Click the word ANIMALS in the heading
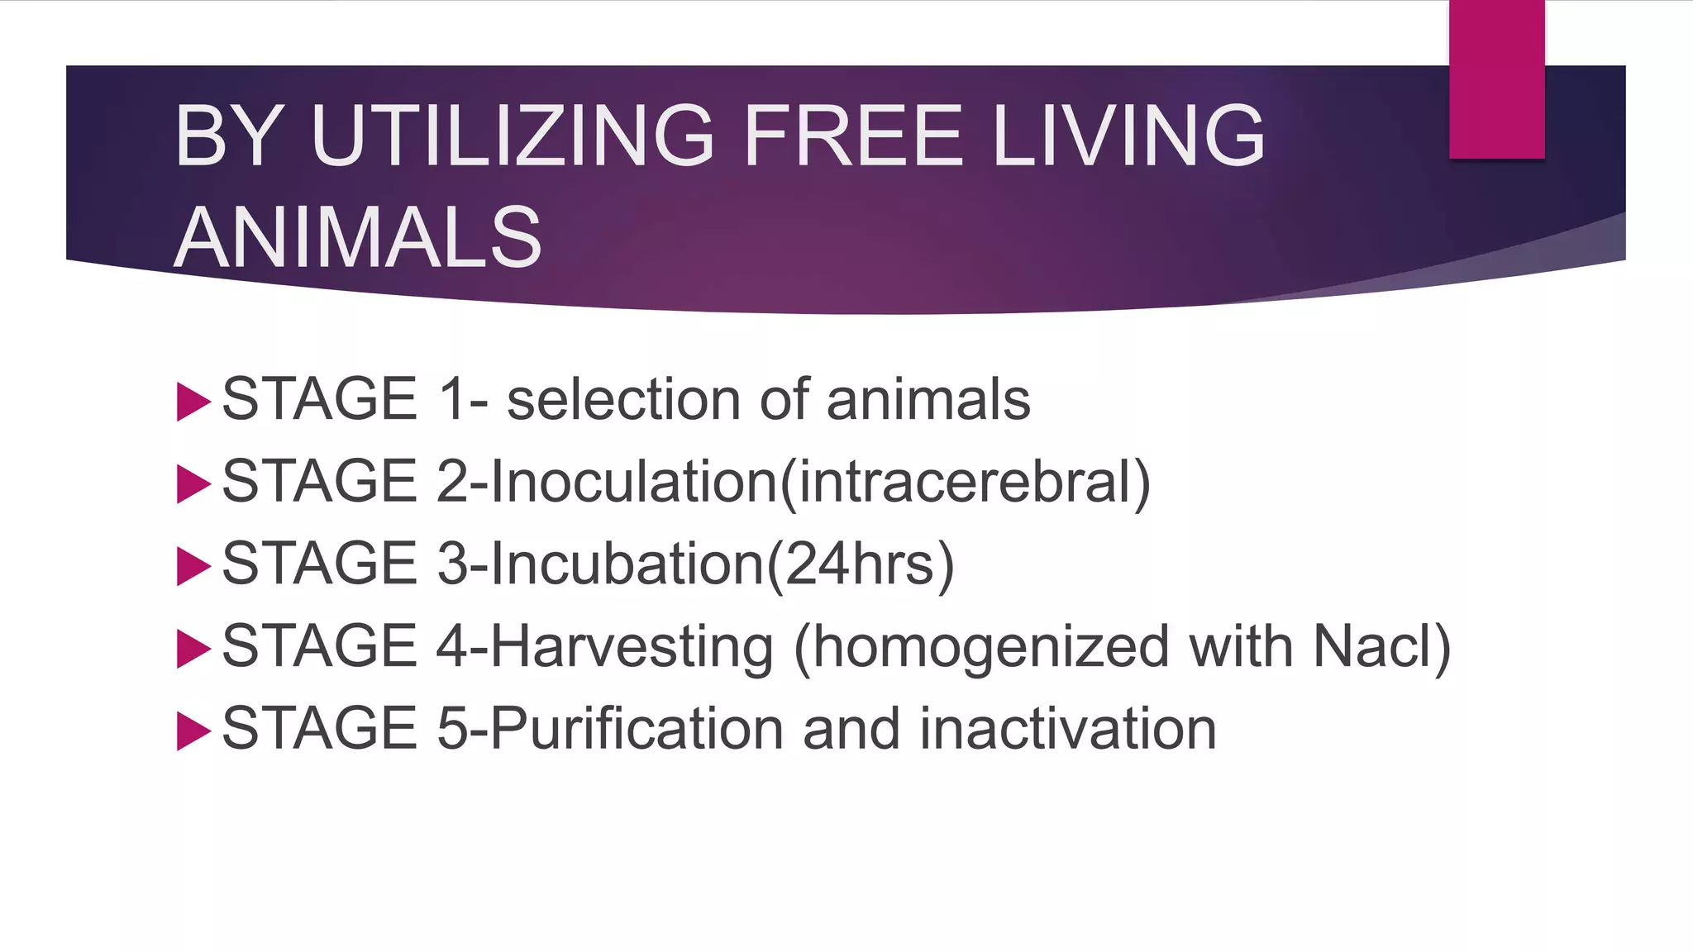tap(358, 238)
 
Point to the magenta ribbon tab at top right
tap(1496, 79)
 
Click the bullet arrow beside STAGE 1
tap(193, 402)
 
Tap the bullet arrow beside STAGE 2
tap(193, 483)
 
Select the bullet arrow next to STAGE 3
tap(193, 566)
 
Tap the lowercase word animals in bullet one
tap(928, 400)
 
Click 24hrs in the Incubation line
tap(860, 564)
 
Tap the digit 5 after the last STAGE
tap(452, 729)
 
